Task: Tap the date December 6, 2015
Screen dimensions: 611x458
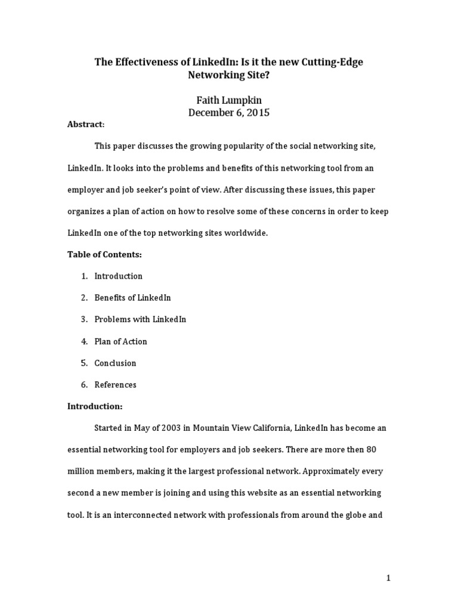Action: tap(229, 112)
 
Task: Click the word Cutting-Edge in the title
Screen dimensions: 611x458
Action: tap(335, 63)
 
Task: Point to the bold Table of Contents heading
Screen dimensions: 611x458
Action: tap(104, 254)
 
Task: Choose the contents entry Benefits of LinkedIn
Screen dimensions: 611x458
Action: tap(132, 297)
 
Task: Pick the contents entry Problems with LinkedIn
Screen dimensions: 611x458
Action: tap(140, 319)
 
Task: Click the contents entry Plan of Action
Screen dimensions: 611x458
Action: tap(120, 341)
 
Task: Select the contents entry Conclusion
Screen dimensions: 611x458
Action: tap(115, 363)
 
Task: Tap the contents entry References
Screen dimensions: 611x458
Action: tap(115, 385)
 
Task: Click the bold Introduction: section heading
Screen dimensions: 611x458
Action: tap(94, 406)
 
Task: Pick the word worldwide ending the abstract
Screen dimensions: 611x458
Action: tap(247, 233)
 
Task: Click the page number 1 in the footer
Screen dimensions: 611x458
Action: tap(388, 578)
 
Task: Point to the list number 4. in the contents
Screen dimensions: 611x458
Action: tap(84, 341)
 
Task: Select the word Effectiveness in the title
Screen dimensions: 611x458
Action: tap(145, 63)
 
